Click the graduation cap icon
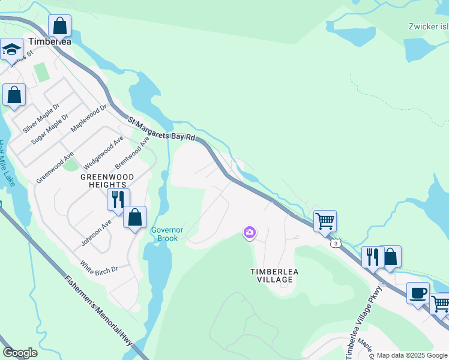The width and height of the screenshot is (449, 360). click(x=11, y=50)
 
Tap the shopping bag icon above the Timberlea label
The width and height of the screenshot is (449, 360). click(x=59, y=26)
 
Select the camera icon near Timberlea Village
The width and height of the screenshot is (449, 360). click(x=250, y=232)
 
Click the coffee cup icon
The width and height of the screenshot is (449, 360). click(x=418, y=293)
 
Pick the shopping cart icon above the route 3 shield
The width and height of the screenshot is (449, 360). click(x=325, y=221)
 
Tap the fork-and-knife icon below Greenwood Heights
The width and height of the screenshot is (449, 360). click(x=118, y=199)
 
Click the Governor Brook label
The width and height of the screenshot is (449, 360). click(x=166, y=234)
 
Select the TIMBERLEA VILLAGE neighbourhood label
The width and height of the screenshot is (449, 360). click(x=274, y=275)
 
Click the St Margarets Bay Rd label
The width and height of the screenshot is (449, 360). click(x=162, y=129)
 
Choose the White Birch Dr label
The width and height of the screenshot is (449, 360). click(x=100, y=266)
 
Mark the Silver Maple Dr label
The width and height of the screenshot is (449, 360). click(x=41, y=118)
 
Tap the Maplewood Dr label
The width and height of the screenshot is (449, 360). click(x=88, y=119)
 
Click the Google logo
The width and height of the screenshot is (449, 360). click(x=20, y=353)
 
